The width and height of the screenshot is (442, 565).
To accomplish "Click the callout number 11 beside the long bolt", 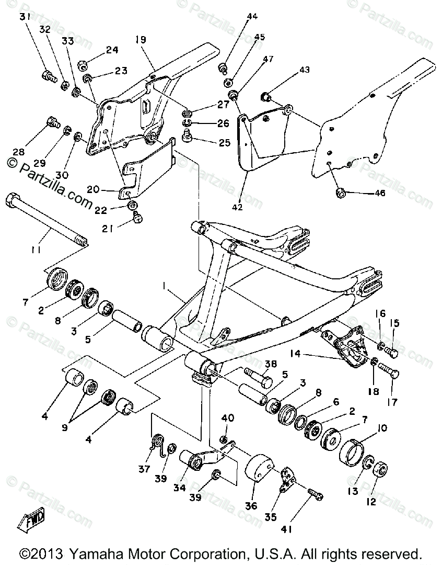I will pos(35,250).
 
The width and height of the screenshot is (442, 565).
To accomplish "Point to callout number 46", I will pos(379,194).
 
